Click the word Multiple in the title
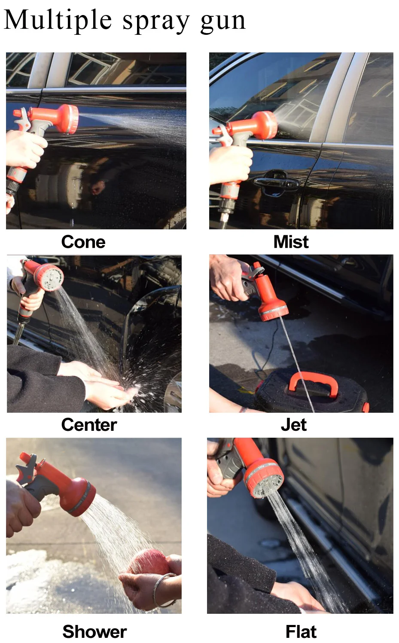click(58, 20)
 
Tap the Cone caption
click(83, 242)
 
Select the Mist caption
click(291, 242)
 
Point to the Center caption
click(88, 425)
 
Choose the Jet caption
click(293, 425)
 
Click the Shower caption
click(94, 631)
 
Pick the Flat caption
click(301, 631)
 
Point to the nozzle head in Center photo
click(49, 277)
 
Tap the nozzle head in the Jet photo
click(273, 311)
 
